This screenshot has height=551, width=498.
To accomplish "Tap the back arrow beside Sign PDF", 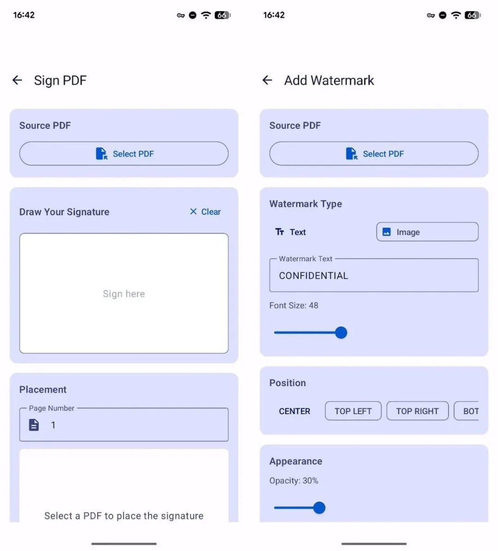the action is [17, 80].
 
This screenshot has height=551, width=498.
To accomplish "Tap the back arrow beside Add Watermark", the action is [267, 80].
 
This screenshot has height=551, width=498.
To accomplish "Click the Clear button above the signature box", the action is [205, 212].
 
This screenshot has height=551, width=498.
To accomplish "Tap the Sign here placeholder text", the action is [124, 294].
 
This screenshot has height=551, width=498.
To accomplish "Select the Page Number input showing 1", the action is [124, 425].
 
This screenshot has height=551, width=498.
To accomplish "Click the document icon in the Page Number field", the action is [34, 425].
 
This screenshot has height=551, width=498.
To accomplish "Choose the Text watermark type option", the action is [290, 232].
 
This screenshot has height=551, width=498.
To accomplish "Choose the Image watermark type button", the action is [427, 232].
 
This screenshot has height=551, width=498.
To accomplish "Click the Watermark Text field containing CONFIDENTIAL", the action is [374, 275].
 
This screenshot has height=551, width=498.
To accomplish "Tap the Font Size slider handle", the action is [341, 332].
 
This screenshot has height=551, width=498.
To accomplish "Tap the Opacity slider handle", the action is [319, 507].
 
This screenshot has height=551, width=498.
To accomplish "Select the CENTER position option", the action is [295, 411].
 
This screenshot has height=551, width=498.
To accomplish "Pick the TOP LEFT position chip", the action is [353, 411].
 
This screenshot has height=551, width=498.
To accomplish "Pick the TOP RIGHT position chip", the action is [417, 411].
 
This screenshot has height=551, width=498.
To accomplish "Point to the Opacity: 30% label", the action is [294, 481].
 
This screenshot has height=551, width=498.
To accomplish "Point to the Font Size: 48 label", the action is [294, 305].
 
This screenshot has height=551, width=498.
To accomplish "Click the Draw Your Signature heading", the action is [64, 212].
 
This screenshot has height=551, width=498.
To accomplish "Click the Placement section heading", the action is [43, 389].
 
